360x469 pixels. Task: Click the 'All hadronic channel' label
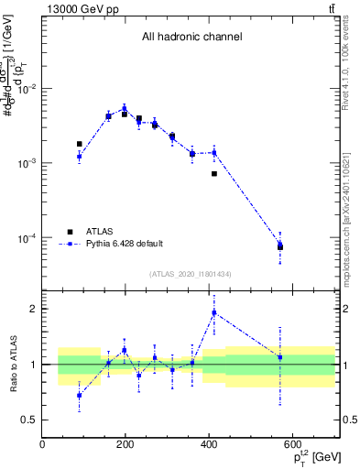[191, 38]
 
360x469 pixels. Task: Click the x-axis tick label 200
[125, 445]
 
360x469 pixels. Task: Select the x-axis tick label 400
[209, 445]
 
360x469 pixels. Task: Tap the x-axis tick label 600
[292, 445]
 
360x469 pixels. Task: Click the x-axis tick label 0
[42, 445]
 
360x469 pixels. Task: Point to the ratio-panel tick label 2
[33, 309]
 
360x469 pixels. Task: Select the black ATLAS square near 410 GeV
[214, 173]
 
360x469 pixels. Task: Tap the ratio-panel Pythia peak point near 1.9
[214, 313]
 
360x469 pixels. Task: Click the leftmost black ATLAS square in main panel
[80, 144]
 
